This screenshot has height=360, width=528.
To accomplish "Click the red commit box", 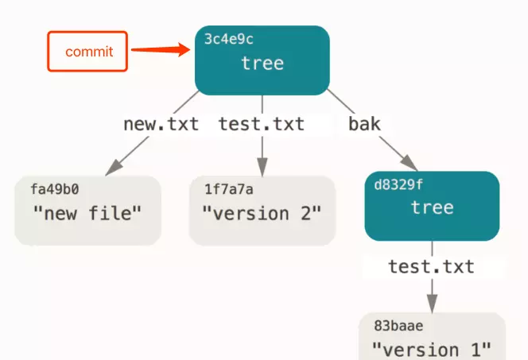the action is pyautogui.click(x=87, y=51).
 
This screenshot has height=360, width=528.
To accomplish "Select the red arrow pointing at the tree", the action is pyautogui.click(x=161, y=50).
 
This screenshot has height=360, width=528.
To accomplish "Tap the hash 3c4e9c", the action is pyautogui.click(x=229, y=39).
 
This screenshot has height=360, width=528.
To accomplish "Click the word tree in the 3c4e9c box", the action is pyautogui.click(x=262, y=63).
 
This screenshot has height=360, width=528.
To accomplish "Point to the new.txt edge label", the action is pyautogui.click(x=161, y=124).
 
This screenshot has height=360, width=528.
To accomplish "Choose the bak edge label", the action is pyautogui.click(x=364, y=124).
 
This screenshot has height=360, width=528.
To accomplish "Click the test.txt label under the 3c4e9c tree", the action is pyautogui.click(x=262, y=124).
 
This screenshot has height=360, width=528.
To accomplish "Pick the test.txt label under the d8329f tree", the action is pyautogui.click(x=431, y=267).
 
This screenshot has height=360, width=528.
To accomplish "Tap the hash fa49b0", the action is pyautogui.click(x=55, y=189).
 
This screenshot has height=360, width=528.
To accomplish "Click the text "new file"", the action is pyautogui.click(x=87, y=213).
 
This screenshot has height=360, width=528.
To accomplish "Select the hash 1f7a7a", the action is pyautogui.click(x=229, y=189).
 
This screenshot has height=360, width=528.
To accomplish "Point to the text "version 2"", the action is pyautogui.click(x=262, y=214).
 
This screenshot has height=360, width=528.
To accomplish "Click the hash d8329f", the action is pyautogui.click(x=398, y=184).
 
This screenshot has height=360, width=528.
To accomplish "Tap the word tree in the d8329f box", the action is pyautogui.click(x=433, y=207).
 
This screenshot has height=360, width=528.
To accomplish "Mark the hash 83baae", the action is pyautogui.click(x=398, y=326).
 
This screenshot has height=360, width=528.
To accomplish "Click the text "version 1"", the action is pyautogui.click(x=431, y=350).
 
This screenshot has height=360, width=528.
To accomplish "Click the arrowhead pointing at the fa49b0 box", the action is pyautogui.click(x=113, y=168).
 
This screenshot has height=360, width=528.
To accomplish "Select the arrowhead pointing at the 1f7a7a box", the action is pyautogui.click(x=262, y=167).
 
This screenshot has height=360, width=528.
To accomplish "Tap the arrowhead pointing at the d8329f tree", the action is pyautogui.click(x=410, y=163).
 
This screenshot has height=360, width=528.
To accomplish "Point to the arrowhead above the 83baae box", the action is pyautogui.click(x=432, y=304).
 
